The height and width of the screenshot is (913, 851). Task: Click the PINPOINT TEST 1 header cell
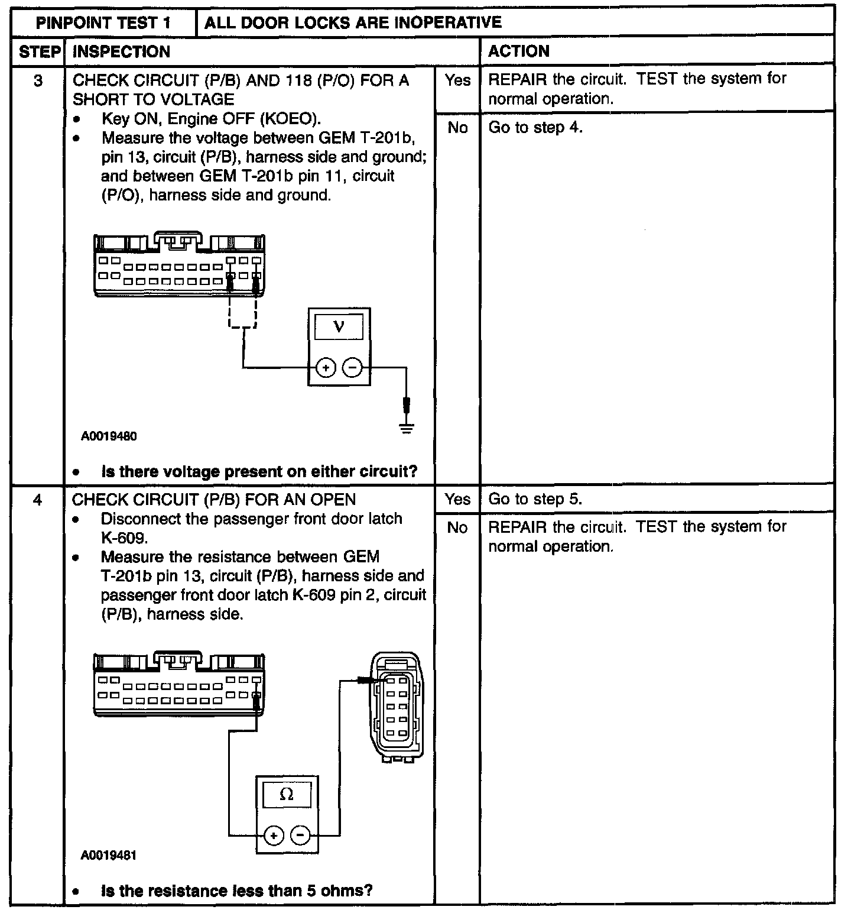point(103,22)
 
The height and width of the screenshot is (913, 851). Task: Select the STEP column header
point(39,52)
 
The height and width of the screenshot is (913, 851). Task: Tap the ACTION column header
point(519,51)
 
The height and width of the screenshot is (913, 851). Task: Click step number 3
point(38,81)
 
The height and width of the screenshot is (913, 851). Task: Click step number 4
point(38,500)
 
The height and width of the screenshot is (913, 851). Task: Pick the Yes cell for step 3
point(457,80)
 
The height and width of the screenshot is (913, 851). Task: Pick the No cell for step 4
point(457,527)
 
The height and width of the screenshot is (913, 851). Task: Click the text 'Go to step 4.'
point(535,128)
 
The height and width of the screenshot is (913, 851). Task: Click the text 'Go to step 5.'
point(535,499)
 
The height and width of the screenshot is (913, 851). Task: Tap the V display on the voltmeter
point(339,326)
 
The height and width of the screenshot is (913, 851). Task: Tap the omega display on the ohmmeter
point(287,794)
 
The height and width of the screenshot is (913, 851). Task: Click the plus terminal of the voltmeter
point(325,368)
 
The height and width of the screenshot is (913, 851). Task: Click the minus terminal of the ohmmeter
point(301,835)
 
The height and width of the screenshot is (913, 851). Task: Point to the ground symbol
point(406,428)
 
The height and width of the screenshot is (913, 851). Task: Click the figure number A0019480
point(109,436)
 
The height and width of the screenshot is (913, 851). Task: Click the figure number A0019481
point(109,856)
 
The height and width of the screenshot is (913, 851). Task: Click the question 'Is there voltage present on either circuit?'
point(259,472)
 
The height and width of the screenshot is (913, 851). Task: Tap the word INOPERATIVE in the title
point(447,22)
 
